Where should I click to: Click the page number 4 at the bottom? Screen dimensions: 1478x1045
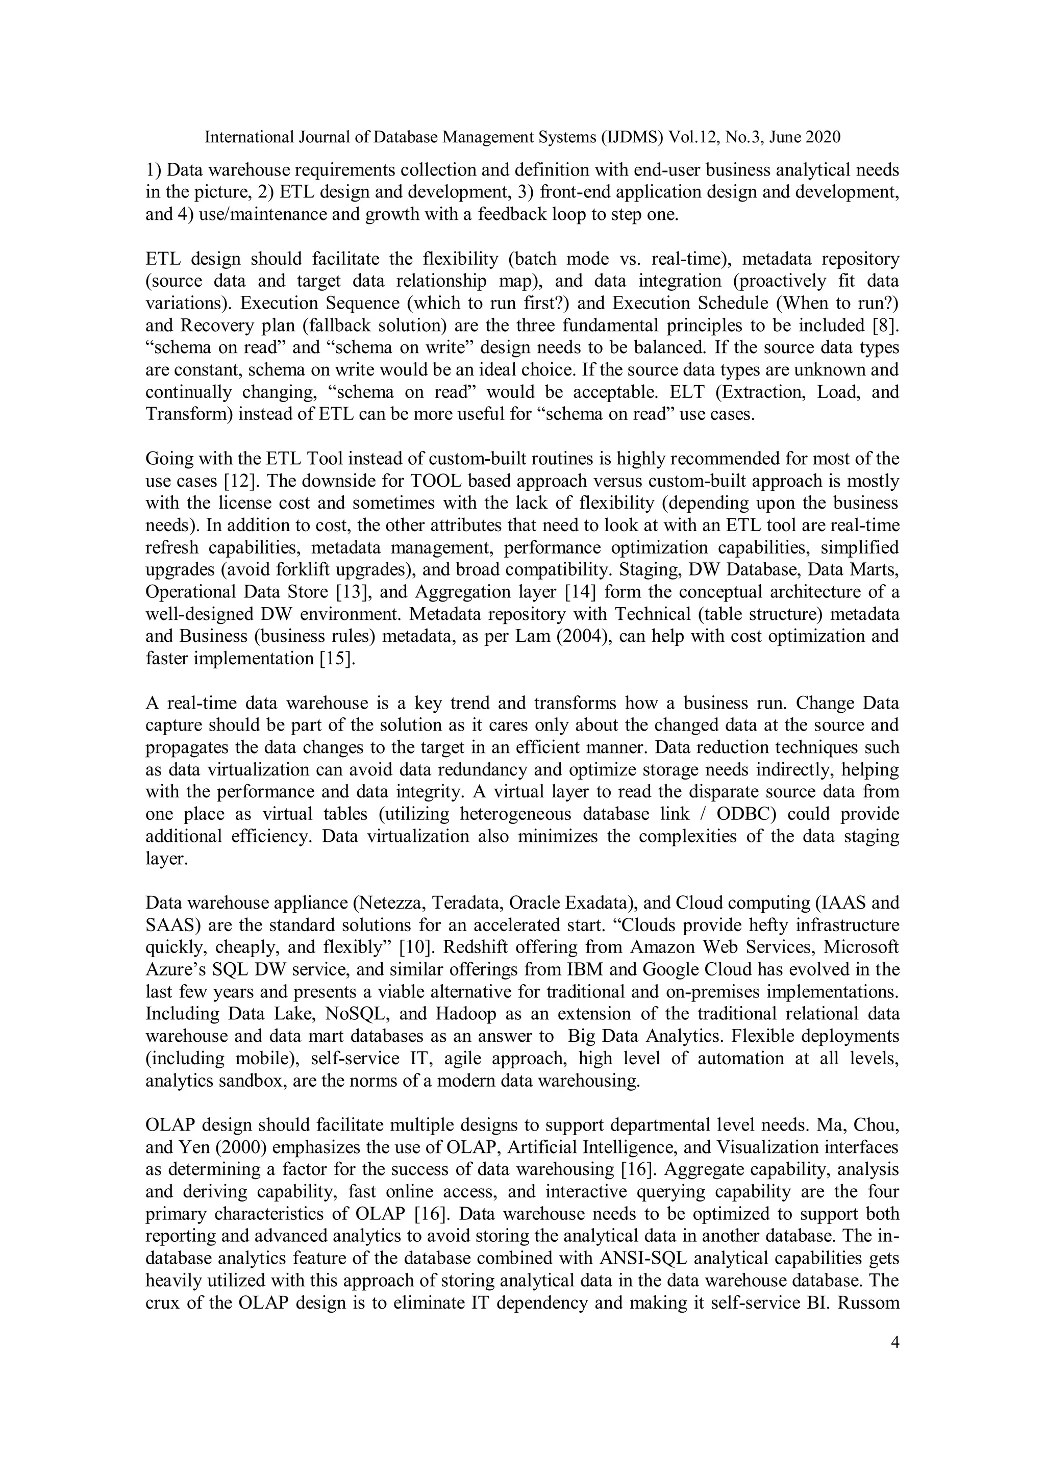coord(893,1342)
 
